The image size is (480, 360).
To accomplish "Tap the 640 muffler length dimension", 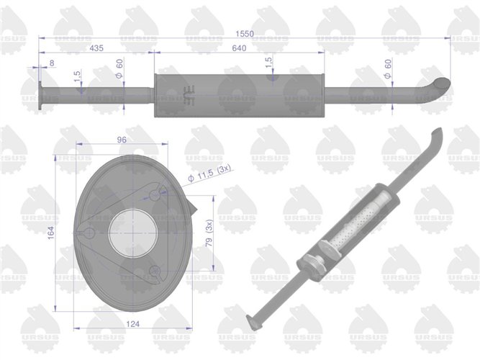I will coord(239,48).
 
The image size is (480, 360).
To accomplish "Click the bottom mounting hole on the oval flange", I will coord(157,270).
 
